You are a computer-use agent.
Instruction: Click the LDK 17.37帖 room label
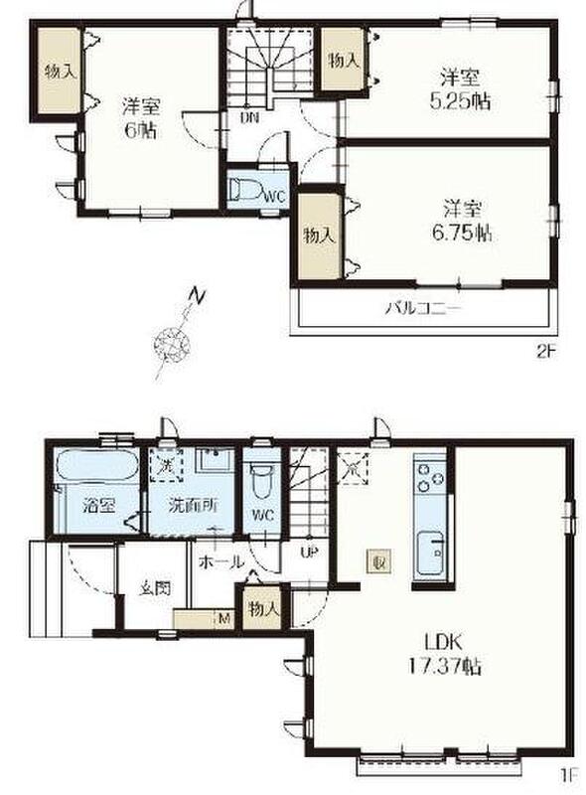coord(445,654)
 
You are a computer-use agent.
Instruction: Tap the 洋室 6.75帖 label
coord(462,221)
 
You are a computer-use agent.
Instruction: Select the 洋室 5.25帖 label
coord(460,90)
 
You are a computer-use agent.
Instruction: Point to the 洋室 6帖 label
coord(141,118)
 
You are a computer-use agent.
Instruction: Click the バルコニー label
coord(424,308)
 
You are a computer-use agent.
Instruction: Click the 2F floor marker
coord(546,352)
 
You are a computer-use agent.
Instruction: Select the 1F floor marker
coord(569,775)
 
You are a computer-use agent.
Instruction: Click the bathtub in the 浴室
coord(96,464)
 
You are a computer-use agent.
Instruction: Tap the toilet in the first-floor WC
coord(262,482)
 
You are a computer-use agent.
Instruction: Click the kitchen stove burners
coord(430,477)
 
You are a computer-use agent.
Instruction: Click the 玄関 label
coord(155,588)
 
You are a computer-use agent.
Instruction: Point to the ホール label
coord(221,561)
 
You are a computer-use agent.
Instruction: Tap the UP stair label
coord(309,553)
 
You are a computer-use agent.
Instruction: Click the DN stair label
coord(249,118)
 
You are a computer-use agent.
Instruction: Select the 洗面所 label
coord(193,506)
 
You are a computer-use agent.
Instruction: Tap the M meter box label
coord(223,618)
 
